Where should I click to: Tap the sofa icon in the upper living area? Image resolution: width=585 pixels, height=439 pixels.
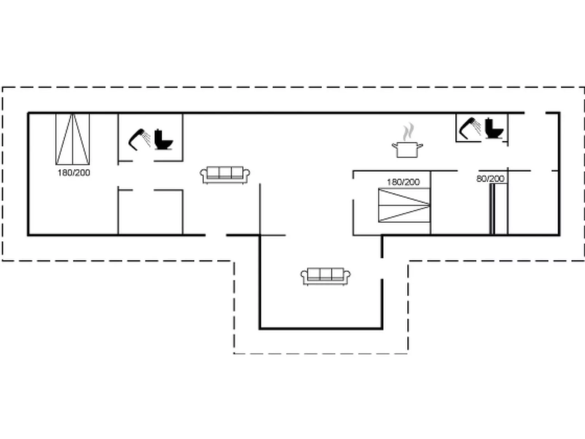(x=225, y=175)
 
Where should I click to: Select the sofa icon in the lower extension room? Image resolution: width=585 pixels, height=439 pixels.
(x=326, y=276)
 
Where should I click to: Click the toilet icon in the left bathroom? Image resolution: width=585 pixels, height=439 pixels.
(x=163, y=140)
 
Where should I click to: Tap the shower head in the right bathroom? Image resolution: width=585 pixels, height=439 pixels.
(x=470, y=128)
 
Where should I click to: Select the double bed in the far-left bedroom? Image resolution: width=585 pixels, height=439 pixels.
(x=72, y=139)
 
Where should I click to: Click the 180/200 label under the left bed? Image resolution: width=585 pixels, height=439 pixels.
(x=74, y=173)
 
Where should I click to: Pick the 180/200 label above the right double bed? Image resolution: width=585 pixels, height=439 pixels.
(x=403, y=182)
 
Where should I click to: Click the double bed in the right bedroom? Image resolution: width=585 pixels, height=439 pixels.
(x=404, y=205)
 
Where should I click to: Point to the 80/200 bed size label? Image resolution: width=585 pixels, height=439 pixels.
(x=490, y=179)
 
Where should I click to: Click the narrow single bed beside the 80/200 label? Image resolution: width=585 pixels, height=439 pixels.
(x=492, y=209)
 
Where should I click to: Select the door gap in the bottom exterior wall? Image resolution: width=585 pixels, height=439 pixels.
(x=216, y=235)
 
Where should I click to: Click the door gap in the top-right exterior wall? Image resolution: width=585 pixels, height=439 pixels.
(x=535, y=113)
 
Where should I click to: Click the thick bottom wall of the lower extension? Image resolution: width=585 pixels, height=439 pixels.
(x=321, y=328)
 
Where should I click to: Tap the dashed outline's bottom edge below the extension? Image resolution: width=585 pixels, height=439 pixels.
(x=321, y=353)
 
